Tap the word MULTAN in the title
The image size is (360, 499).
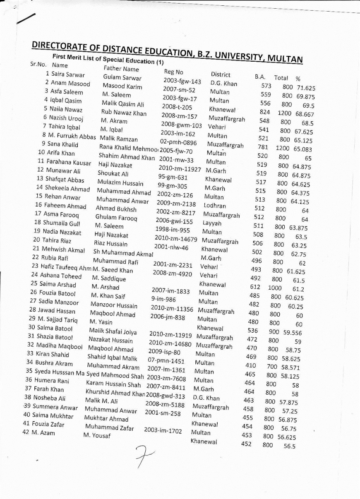[x=286, y=59]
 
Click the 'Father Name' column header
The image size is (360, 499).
[x=121, y=69]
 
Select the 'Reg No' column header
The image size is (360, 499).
[x=173, y=72]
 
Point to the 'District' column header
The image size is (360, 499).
[x=220, y=74]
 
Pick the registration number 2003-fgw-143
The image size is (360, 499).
[x=182, y=81]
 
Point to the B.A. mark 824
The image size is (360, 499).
[x=265, y=112]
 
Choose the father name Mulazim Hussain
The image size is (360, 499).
[x=120, y=183]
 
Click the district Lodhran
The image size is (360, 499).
[x=215, y=206]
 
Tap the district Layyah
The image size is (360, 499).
[x=212, y=223]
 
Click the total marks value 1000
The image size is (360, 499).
[x=275, y=288]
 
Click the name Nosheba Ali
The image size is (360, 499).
[x=50, y=398]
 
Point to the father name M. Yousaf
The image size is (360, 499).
[x=97, y=436]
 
